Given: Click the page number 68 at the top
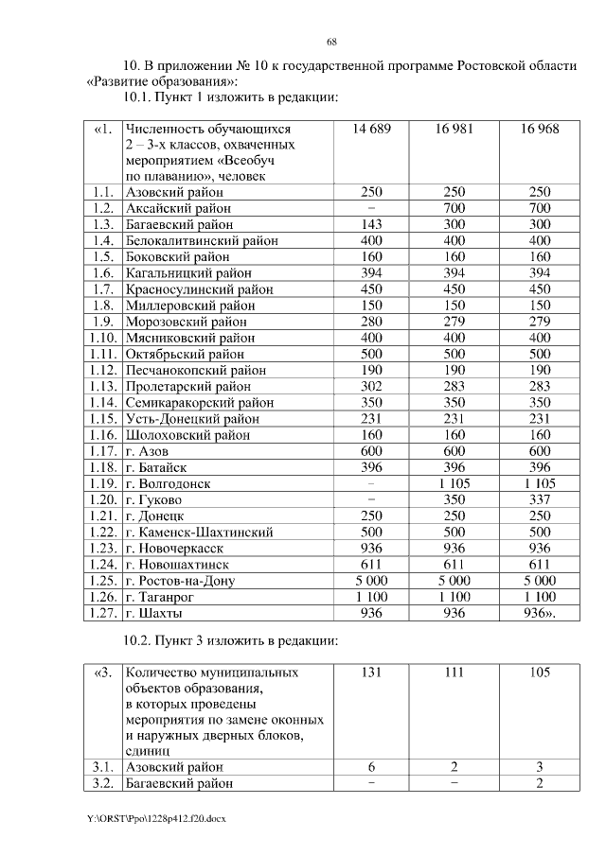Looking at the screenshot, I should (x=331, y=43).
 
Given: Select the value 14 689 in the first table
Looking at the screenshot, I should (x=371, y=129).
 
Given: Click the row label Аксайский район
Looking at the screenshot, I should (x=178, y=207).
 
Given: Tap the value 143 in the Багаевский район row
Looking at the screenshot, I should (x=371, y=224).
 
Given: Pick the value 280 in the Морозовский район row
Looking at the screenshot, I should (x=371, y=321).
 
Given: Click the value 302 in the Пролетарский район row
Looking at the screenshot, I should (x=371, y=386).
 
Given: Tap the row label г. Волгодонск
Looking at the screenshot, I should (x=168, y=483).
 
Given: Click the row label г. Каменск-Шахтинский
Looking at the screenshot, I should (x=199, y=532).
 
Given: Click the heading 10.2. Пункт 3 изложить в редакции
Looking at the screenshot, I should (x=232, y=641).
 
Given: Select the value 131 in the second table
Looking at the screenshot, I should (x=371, y=673).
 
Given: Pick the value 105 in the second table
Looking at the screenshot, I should (x=540, y=673).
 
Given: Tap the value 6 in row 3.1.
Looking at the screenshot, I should (x=371, y=766).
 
